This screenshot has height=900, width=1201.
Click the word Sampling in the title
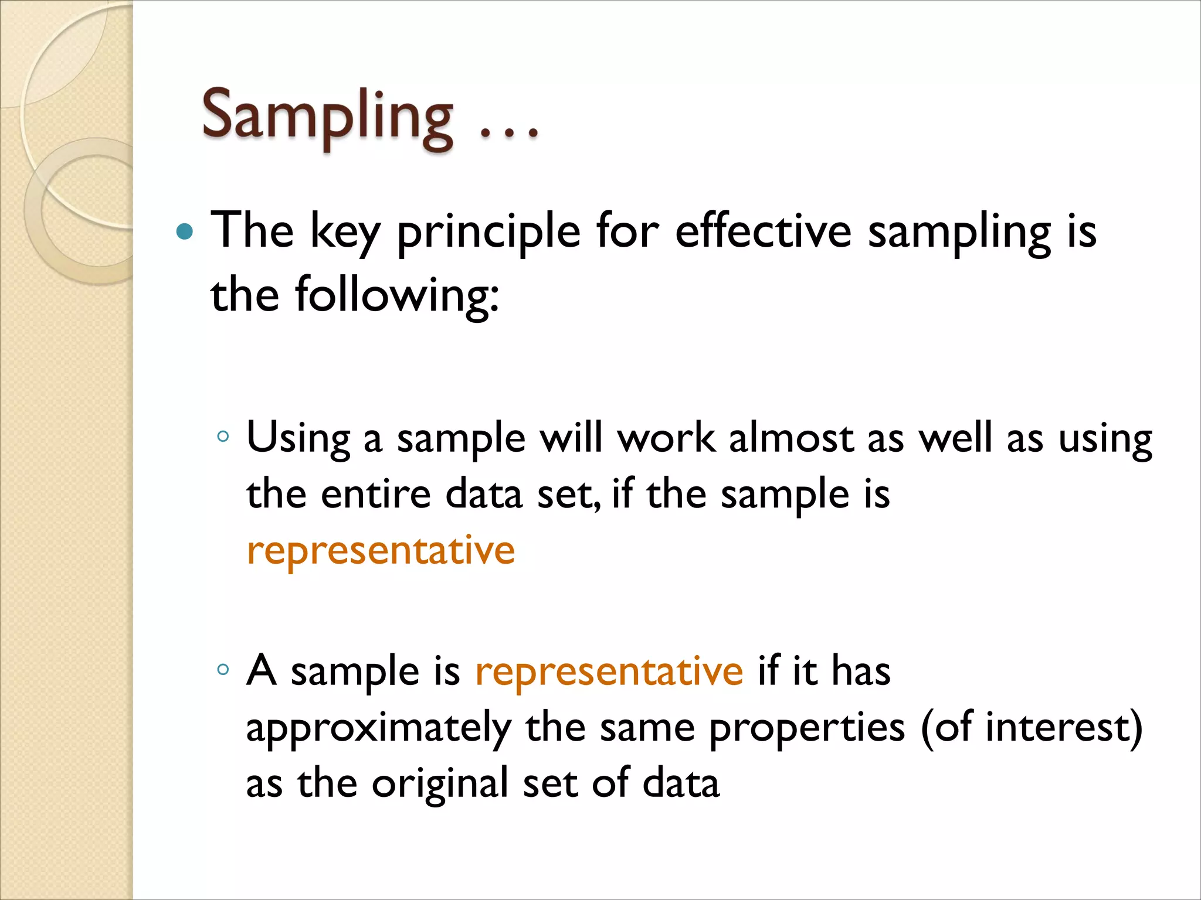[327, 117]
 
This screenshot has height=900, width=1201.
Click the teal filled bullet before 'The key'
[184, 232]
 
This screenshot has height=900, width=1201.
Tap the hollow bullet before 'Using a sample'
[222, 437]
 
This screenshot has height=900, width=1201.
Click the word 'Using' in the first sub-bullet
[298, 438]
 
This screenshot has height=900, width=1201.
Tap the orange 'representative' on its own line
[381, 551]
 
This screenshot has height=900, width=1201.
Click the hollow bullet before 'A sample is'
[222, 669]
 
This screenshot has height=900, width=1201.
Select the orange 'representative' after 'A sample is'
[609, 671]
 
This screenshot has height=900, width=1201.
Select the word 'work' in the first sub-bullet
[666, 438]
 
